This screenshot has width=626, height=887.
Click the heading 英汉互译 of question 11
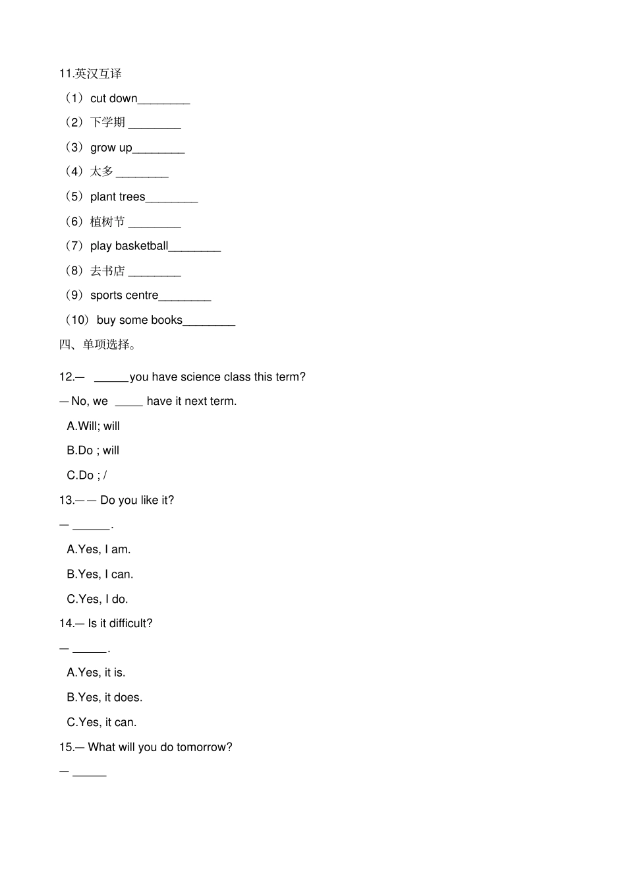(x=98, y=74)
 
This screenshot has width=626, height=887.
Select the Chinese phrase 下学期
(x=107, y=123)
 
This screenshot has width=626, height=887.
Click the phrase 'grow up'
(x=111, y=148)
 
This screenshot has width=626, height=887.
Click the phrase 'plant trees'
(x=117, y=197)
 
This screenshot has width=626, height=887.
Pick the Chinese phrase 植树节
(x=107, y=222)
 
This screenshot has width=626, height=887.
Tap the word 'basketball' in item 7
(x=141, y=246)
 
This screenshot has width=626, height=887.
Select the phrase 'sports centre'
(x=124, y=295)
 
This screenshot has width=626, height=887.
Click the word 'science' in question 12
(x=200, y=377)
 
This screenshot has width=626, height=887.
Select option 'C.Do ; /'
(x=86, y=475)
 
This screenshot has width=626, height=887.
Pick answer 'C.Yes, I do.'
(x=98, y=599)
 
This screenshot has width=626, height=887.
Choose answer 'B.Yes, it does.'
(x=104, y=698)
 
